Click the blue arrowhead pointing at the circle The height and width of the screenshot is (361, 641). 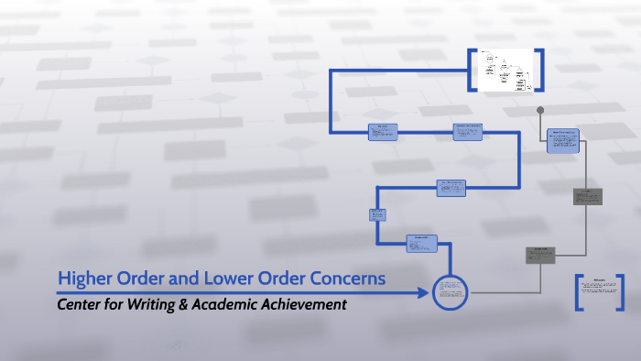pos(422,293)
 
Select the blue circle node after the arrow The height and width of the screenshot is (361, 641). pos(450,292)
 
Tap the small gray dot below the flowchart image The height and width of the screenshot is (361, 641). pos(540,110)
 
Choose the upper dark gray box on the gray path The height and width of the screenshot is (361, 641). pos(587,196)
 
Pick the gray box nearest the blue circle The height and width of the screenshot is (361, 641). pos(540,256)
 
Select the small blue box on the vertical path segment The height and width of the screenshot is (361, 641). pos(377,215)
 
